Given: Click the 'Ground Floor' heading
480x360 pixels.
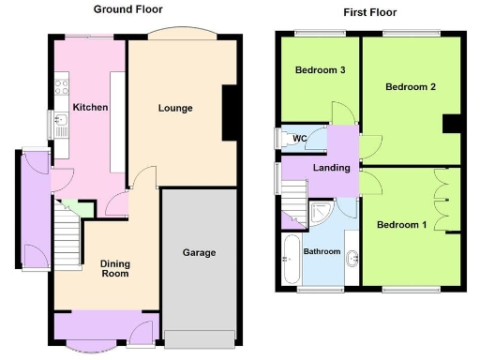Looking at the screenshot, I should click(127, 9).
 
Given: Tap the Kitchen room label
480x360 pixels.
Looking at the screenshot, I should click(92, 108).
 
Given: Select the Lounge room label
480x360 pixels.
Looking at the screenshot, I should click(175, 108).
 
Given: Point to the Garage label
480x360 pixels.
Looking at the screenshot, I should click(199, 253).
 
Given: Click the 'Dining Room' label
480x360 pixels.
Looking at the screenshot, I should click(114, 269).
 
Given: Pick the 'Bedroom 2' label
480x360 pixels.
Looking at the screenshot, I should click(410, 87).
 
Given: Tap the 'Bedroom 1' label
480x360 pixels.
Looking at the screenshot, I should click(401, 225).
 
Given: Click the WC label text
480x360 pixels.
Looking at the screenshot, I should click(300, 140).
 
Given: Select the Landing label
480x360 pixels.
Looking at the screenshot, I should click(332, 169).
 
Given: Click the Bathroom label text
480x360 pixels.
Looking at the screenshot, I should click(322, 251).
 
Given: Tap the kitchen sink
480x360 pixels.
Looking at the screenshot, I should click(62, 122).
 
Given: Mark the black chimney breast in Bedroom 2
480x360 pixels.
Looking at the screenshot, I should click(451, 124).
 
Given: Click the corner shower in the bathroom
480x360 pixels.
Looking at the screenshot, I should click(324, 212).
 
